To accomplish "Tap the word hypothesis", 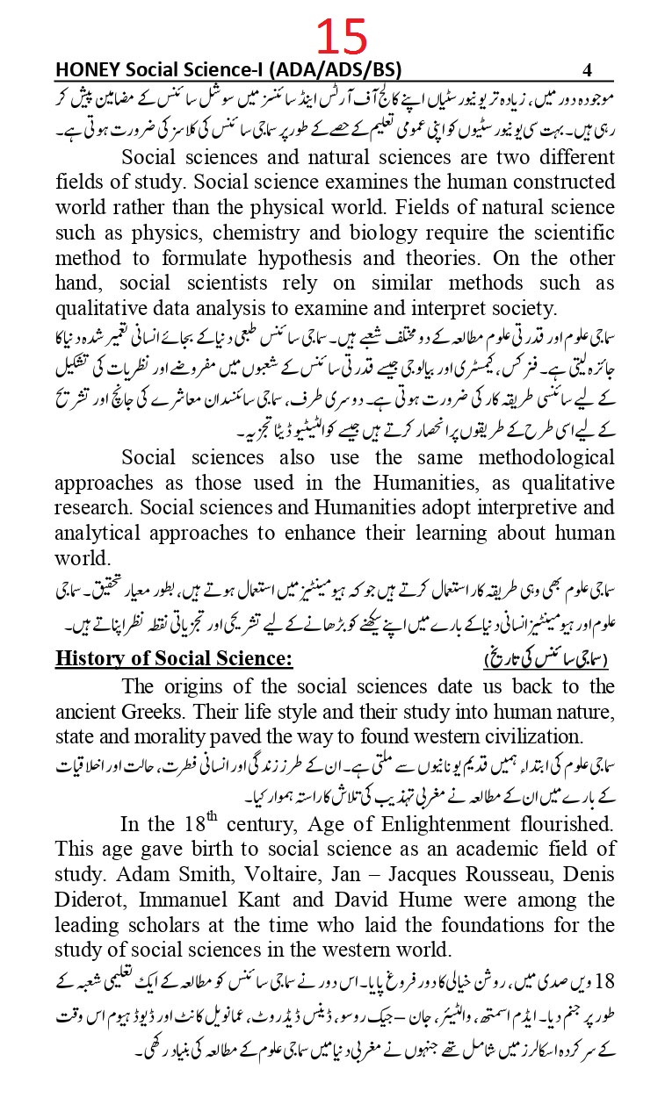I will click(x=293, y=259).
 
